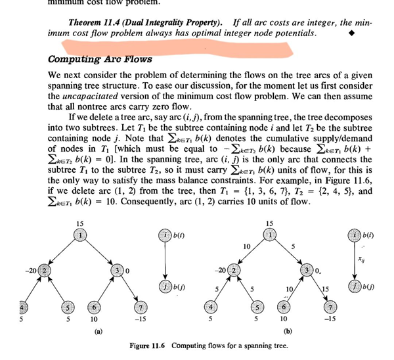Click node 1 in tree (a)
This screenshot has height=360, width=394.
coord(80,235)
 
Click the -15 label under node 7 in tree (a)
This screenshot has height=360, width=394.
coord(139,320)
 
